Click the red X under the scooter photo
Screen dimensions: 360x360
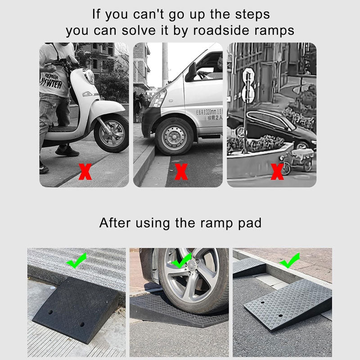85,172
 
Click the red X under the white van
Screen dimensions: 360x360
181,172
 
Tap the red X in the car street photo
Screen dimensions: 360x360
277,172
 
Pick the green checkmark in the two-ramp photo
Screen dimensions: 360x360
289,261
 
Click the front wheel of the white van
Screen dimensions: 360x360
174,136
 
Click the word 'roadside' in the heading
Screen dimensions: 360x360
222,31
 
